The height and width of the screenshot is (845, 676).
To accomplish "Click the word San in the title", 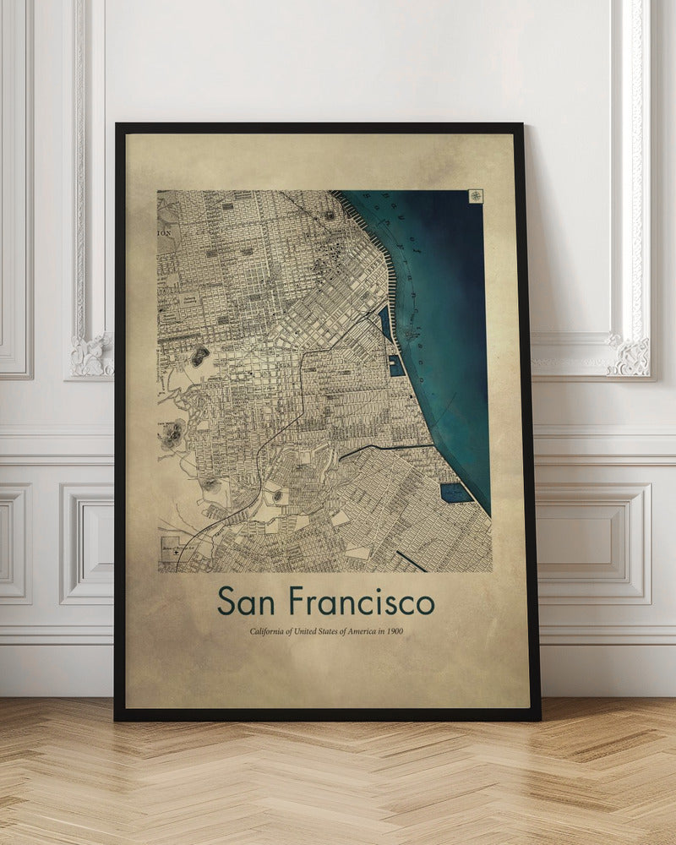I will coord(247,601).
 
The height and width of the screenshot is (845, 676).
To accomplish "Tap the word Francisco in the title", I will coord(361,601).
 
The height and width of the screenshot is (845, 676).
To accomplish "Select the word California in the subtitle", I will coord(269,632).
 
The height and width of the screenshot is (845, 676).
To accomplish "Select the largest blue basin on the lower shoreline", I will coord(455,493).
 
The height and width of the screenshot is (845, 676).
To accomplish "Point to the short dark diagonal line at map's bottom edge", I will coord(411,560).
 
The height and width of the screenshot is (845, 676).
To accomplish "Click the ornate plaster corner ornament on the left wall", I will coord(90,355).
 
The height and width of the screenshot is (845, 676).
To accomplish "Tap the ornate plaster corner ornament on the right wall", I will coord(628,356).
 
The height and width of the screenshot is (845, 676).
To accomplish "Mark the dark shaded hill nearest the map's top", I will coord(199,356).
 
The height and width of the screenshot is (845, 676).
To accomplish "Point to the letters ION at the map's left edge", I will coord(164,231).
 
